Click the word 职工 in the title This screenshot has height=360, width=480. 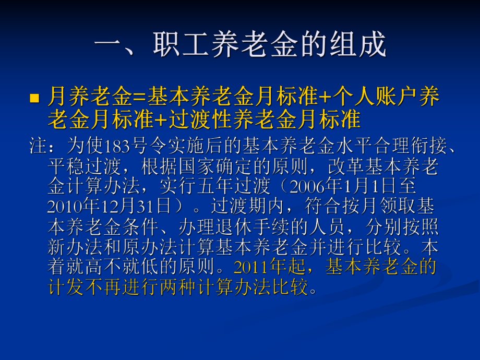click(x=174, y=45)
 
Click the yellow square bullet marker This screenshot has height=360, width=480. click(x=35, y=98)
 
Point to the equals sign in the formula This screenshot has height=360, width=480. click(x=138, y=97)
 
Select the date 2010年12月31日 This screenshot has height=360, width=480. click(x=109, y=206)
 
